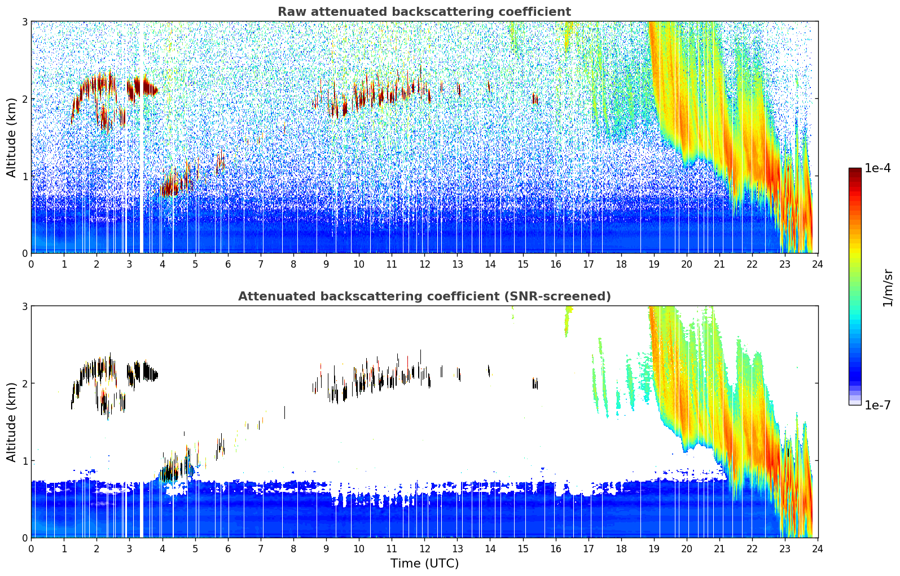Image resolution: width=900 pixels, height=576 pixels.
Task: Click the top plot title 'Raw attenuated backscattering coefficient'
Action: point(424,12)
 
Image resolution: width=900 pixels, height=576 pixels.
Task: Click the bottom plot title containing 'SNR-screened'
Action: point(424,296)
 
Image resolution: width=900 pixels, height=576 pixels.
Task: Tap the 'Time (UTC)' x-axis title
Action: point(424,563)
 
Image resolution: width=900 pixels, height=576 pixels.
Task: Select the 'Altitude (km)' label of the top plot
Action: point(11,137)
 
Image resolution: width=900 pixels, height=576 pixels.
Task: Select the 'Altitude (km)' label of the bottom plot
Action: point(11,422)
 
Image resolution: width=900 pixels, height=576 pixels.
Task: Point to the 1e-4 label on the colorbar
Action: point(877,168)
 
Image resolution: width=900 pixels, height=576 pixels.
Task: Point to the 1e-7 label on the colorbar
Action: point(877,405)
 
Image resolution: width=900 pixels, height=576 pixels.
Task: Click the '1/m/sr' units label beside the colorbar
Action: point(888,287)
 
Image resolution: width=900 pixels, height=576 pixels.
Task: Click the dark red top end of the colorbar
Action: point(855,171)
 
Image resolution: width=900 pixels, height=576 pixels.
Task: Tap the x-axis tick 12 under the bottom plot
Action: point(424,548)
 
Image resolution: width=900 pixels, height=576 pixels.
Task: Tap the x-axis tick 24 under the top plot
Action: point(818,264)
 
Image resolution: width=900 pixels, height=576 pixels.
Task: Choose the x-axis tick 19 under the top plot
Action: point(654,264)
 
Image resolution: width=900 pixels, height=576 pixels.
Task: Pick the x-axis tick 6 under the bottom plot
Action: point(228,548)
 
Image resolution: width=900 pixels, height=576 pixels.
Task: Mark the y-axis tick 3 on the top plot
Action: point(24,21)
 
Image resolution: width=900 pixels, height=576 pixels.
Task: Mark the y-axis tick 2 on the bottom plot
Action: point(24,383)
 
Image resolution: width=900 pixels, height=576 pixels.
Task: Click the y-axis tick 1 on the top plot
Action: point(24,176)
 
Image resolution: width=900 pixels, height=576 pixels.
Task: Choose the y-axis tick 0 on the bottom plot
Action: point(24,538)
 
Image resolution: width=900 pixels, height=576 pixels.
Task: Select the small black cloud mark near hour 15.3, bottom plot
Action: point(535,383)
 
